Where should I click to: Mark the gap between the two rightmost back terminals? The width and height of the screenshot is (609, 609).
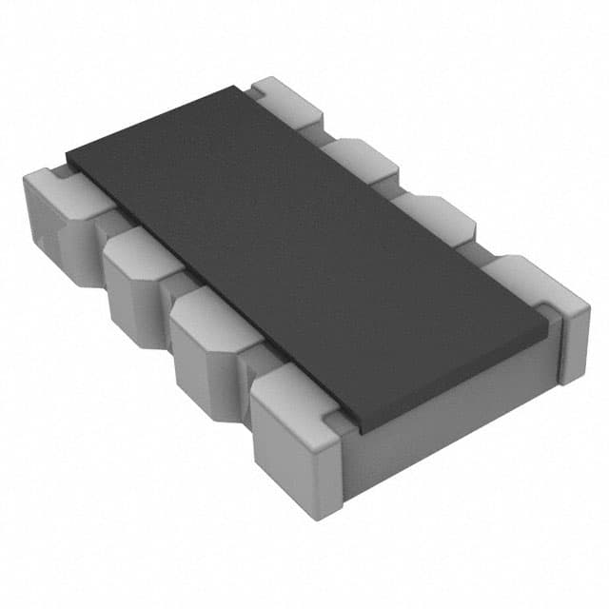click(x=481, y=247)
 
